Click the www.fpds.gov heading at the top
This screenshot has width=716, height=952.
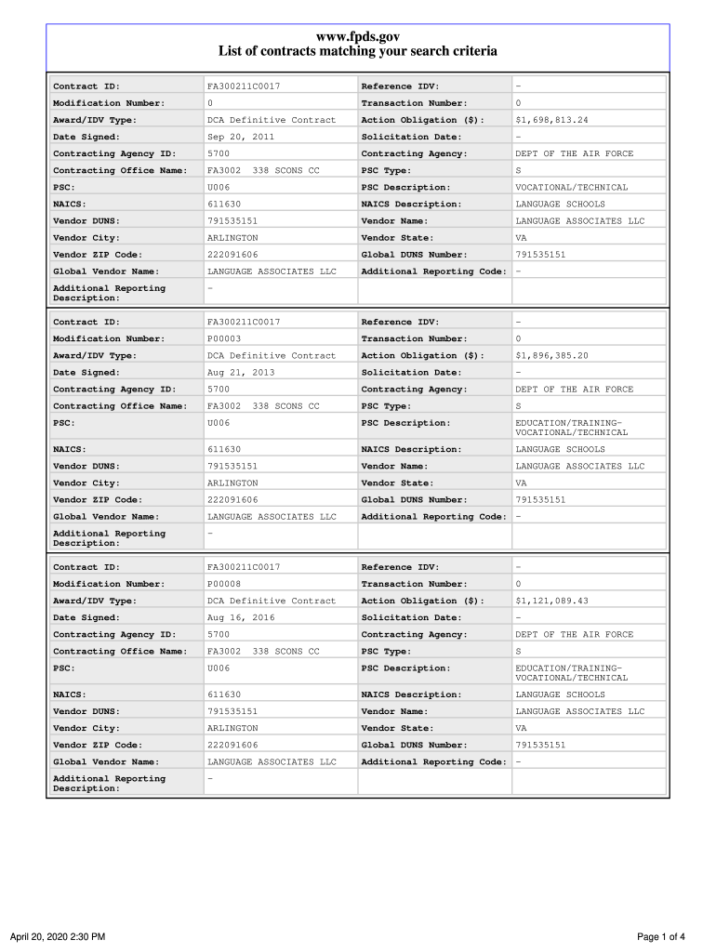point(358,36)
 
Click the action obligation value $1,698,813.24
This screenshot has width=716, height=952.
point(551,120)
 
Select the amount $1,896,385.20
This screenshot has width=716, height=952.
point(551,356)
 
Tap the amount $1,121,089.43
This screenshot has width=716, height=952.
point(551,602)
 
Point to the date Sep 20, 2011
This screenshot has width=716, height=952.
point(240,137)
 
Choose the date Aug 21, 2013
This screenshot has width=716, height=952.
point(240,373)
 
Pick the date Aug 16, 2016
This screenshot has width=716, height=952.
point(240,618)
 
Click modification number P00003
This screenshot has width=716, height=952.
point(224,339)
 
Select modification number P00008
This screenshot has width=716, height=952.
point(224,585)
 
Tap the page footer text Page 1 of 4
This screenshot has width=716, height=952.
point(661,936)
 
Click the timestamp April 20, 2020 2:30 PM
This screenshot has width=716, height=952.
point(58,936)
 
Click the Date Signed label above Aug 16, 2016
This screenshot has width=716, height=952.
point(86,618)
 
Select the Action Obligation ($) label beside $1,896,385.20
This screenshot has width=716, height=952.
point(422,356)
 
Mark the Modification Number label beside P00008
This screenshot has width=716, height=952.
point(109,585)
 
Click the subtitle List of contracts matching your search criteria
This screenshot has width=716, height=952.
point(358,52)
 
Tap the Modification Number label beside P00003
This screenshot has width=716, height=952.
point(109,339)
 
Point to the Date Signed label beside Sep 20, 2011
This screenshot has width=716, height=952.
point(86,137)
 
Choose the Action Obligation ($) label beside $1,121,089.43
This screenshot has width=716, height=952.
point(422,602)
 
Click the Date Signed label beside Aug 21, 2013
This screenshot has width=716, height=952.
point(86,373)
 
